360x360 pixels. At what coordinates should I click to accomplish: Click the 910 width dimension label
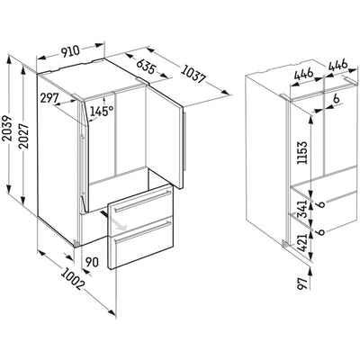tap(71, 51)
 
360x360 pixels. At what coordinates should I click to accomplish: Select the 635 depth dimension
tap(146, 67)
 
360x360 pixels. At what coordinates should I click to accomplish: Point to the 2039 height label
tap(7, 128)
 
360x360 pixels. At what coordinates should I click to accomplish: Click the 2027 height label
tap(23, 136)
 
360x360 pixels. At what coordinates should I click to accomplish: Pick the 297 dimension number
tap(49, 98)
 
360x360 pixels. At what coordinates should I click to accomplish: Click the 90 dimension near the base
tap(92, 263)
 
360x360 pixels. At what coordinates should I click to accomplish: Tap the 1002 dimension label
tap(72, 279)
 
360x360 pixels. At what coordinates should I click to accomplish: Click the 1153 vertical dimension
tap(302, 153)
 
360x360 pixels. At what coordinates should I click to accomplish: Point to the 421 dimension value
tap(302, 243)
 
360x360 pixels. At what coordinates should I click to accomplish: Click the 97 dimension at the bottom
tap(302, 283)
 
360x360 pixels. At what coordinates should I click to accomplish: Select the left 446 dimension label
tap(303, 75)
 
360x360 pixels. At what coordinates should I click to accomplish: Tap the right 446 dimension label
tap(337, 66)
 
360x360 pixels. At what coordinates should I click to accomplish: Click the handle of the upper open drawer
tap(142, 202)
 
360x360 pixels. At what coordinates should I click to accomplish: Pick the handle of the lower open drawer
tap(143, 232)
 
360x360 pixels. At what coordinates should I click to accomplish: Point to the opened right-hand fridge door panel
tap(165, 137)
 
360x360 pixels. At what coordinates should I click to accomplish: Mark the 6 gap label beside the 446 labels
tap(336, 99)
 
